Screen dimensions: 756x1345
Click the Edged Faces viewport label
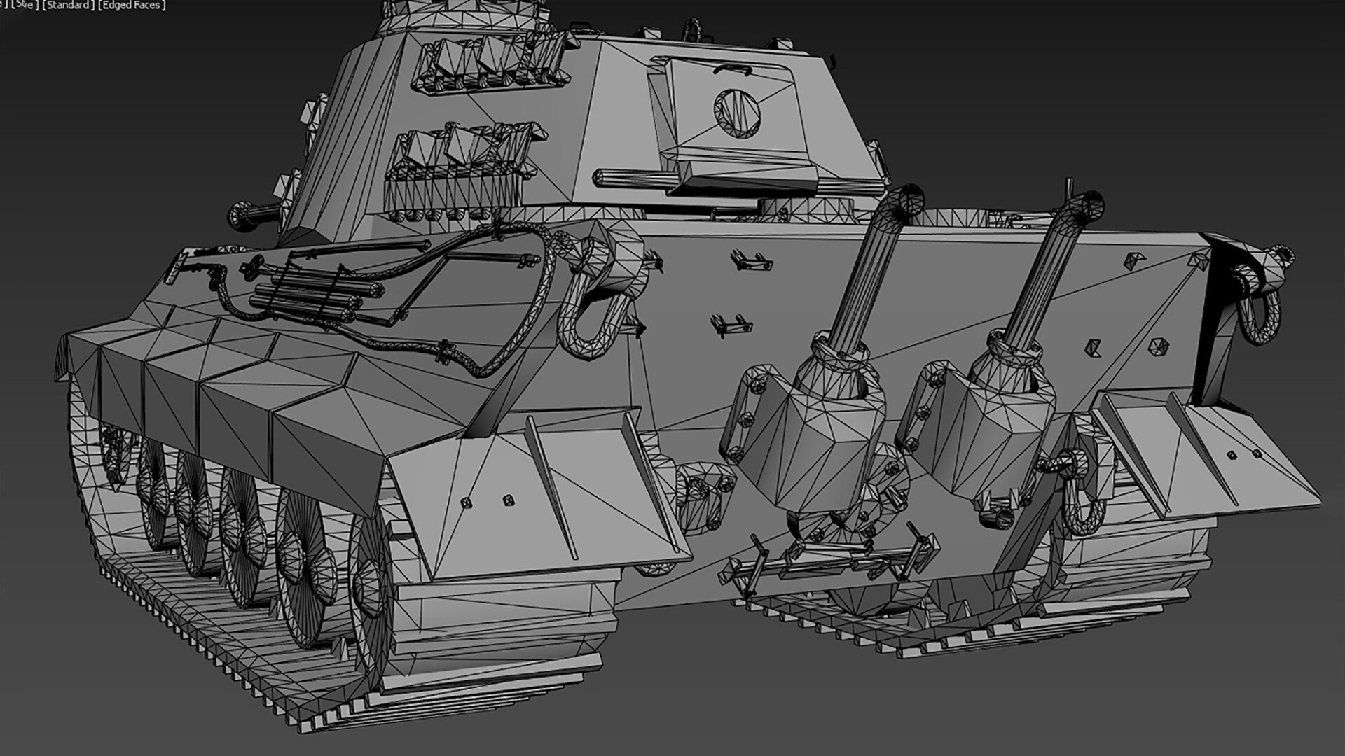132,6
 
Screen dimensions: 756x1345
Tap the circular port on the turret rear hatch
737,108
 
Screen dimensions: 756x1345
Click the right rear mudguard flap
1205,455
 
